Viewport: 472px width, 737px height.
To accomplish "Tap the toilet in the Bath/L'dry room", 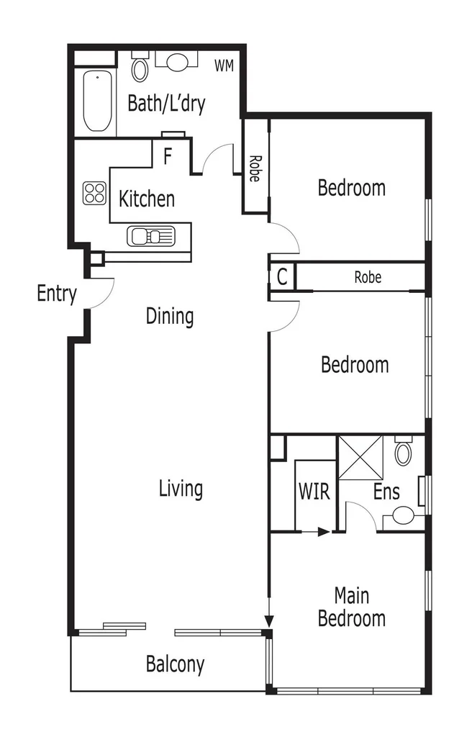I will pyautogui.click(x=140, y=68).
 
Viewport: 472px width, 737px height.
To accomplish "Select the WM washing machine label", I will pyautogui.click(x=224, y=66).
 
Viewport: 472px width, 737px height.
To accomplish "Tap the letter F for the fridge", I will pyautogui.click(x=167, y=156).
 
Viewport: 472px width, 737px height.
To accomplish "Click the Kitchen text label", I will pyautogui.click(x=147, y=199).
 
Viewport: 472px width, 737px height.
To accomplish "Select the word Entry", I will pyautogui.click(x=56, y=294).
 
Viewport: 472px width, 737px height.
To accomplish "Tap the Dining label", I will pyautogui.click(x=170, y=316).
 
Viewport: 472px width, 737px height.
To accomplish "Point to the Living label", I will pyautogui.click(x=181, y=489).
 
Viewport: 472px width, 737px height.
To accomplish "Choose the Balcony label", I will pyautogui.click(x=175, y=664).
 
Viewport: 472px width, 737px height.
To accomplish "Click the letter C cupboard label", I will pyautogui.click(x=282, y=277).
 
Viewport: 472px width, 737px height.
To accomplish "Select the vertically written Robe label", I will pyautogui.click(x=254, y=168).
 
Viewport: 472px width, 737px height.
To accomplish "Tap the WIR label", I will pyautogui.click(x=314, y=492).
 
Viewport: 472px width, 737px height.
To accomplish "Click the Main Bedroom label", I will pyautogui.click(x=352, y=607).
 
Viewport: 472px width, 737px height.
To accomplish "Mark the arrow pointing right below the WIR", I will pyautogui.click(x=322, y=532).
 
